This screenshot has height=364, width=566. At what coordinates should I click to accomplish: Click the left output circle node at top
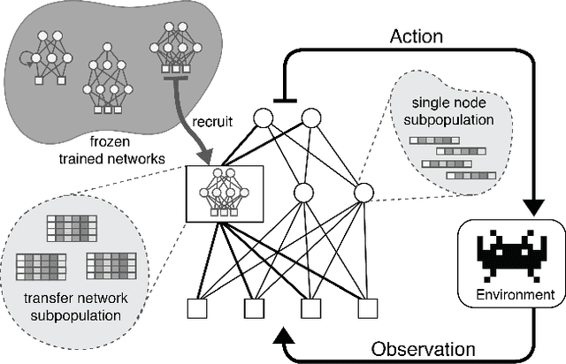(x=262, y=118)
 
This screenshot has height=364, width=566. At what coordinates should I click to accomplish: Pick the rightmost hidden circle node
(x=363, y=193)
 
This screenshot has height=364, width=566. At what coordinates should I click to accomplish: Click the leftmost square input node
(x=196, y=308)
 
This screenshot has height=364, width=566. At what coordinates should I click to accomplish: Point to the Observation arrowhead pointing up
(x=281, y=336)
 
